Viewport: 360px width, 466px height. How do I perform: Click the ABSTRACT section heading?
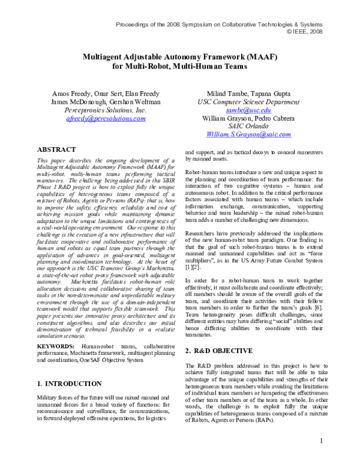(x=57, y=149)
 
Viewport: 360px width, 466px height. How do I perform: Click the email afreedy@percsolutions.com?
(x=106, y=119)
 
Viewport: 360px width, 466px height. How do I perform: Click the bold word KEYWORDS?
(x=58, y=346)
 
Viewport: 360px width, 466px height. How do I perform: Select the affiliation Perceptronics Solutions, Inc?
(x=106, y=110)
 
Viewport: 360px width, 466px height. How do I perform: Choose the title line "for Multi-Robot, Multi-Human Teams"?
(x=179, y=65)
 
